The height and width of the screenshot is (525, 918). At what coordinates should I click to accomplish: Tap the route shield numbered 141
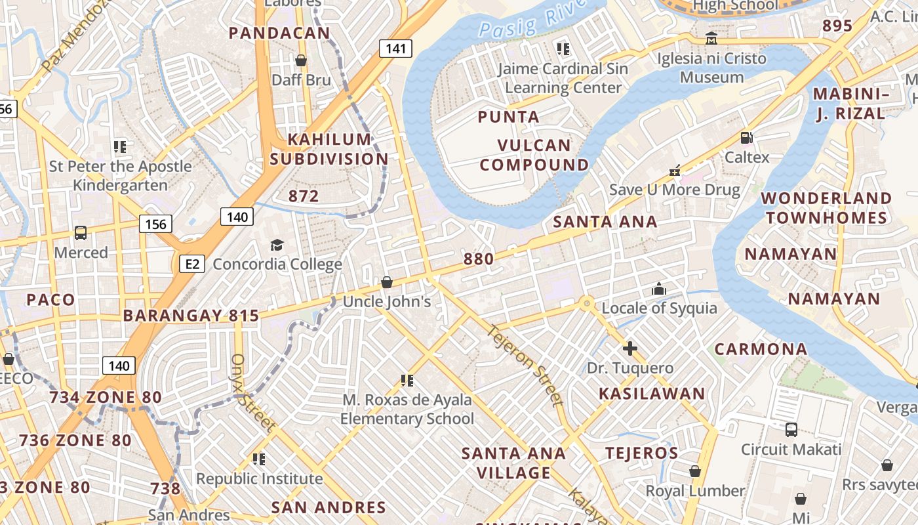[x=395, y=48]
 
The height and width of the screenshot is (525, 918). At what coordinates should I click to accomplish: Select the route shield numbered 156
[x=155, y=224]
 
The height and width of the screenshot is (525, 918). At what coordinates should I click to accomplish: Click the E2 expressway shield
[x=191, y=264]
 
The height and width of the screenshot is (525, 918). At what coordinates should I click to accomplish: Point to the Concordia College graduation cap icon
[x=277, y=245]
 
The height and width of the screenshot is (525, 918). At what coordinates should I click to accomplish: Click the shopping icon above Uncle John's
[x=387, y=282]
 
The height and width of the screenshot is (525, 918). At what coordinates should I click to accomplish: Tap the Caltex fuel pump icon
[x=746, y=138]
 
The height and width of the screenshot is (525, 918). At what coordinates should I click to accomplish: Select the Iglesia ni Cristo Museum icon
[x=711, y=39]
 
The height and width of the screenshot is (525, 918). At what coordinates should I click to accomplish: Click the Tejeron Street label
[x=525, y=365]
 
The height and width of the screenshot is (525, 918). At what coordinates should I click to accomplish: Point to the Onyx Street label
[x=252, y=394]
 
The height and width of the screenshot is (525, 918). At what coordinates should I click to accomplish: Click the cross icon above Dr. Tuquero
[x=630, y=348]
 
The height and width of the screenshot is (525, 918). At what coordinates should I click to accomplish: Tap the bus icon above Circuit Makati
[x=791, y=430]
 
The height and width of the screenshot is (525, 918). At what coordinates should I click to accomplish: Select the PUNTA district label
[x=509, y=117]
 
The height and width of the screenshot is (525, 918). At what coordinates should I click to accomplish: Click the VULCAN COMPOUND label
[x=534, y=155]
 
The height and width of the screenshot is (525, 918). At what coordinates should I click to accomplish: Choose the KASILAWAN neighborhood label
[x=652, y=394]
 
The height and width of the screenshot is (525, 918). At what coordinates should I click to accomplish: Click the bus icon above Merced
[x=81, y=233]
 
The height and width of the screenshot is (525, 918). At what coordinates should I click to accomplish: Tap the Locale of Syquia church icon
[x=659, y=289]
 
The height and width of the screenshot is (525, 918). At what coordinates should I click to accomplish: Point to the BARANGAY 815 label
[x=191, y=316]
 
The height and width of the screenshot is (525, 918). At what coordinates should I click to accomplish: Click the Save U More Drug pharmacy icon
[x=675, y=171]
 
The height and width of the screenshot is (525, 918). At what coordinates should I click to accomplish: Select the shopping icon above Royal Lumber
[x=695, y=471]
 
